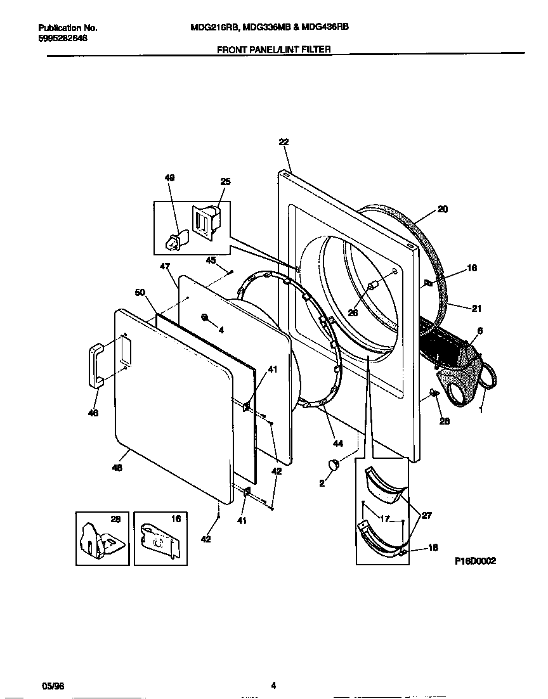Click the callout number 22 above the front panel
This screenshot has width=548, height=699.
point(283,143)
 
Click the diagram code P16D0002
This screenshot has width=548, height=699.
point(475,561)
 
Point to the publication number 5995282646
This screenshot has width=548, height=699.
point(63,38)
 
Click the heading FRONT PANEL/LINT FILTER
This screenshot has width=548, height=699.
point(274,49)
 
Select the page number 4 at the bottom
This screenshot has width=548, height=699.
point(273,685)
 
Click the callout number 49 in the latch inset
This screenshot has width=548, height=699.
point(169,178)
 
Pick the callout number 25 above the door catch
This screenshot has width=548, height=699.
point(225,182)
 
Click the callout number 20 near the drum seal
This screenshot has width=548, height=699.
point(443,209)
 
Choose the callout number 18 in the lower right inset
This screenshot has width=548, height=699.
point(434,548)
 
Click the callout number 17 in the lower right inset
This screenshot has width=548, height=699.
point(385,519)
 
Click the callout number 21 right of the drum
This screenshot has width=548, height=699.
point(476,308)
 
